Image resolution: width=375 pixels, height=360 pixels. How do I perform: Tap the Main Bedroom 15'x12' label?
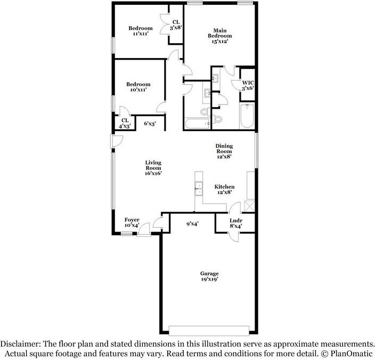(223, 36)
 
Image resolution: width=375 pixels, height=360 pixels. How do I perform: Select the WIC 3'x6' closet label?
(248, 85)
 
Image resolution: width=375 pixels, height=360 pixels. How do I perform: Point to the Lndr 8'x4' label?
(235, 223)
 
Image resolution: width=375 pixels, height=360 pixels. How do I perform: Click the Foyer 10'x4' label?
(132, 223)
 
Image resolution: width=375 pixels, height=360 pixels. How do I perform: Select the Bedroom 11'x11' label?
(140, 31)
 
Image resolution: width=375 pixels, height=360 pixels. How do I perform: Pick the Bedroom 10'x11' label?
(138, 87)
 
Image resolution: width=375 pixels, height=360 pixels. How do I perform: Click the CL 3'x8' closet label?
(176, 25)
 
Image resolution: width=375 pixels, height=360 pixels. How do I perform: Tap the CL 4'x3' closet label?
(125, 123)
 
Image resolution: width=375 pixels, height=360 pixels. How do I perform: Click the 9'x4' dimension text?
(192, 225)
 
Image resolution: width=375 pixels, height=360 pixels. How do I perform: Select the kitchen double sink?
(199, 187)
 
